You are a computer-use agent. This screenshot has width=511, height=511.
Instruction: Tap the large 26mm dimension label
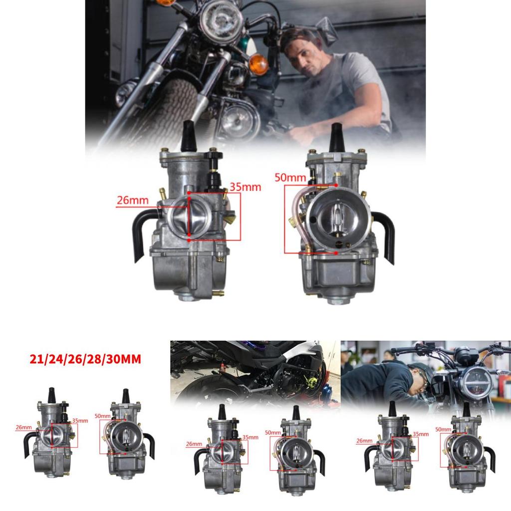coord(133,201)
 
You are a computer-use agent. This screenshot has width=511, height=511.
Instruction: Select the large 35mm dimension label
coord(246,188)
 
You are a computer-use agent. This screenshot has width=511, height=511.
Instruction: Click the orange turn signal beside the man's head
coord(258,64)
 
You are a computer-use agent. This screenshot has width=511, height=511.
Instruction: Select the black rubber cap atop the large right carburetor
coord(337,137)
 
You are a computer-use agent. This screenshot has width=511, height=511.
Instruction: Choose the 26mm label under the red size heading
coord(23,428)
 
